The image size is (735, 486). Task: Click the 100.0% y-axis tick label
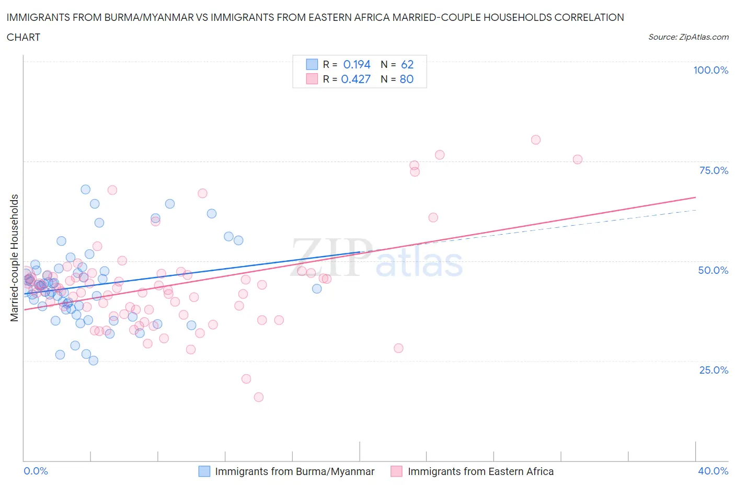tap(710, 70)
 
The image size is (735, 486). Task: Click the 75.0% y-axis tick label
tap(714, 170)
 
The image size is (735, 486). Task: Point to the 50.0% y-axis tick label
tap(713, 270)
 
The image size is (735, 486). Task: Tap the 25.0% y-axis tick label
tap(714, 370)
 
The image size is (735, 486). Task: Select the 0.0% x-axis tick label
tap(36, 471)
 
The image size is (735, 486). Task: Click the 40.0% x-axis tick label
tap(713, 471)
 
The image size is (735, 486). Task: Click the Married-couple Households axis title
tap(15, 258)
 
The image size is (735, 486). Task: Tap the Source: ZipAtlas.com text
tap(688, 37)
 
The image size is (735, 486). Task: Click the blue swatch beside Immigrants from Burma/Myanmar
tap(204, 471)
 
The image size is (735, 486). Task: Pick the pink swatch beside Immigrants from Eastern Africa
tap(397, 471)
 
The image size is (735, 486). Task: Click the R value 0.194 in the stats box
tap(357, 64)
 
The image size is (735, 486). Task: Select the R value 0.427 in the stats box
tap(355, 79)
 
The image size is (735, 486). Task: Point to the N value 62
tap(407, 64)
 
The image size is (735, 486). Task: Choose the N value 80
tap(407, 79)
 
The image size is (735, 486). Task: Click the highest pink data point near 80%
tap(535, 140)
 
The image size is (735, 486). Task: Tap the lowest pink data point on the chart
tap(258, 397)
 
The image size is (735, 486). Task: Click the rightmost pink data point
tap(578, 159)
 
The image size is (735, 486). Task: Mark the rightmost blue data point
tap(317, 288)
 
